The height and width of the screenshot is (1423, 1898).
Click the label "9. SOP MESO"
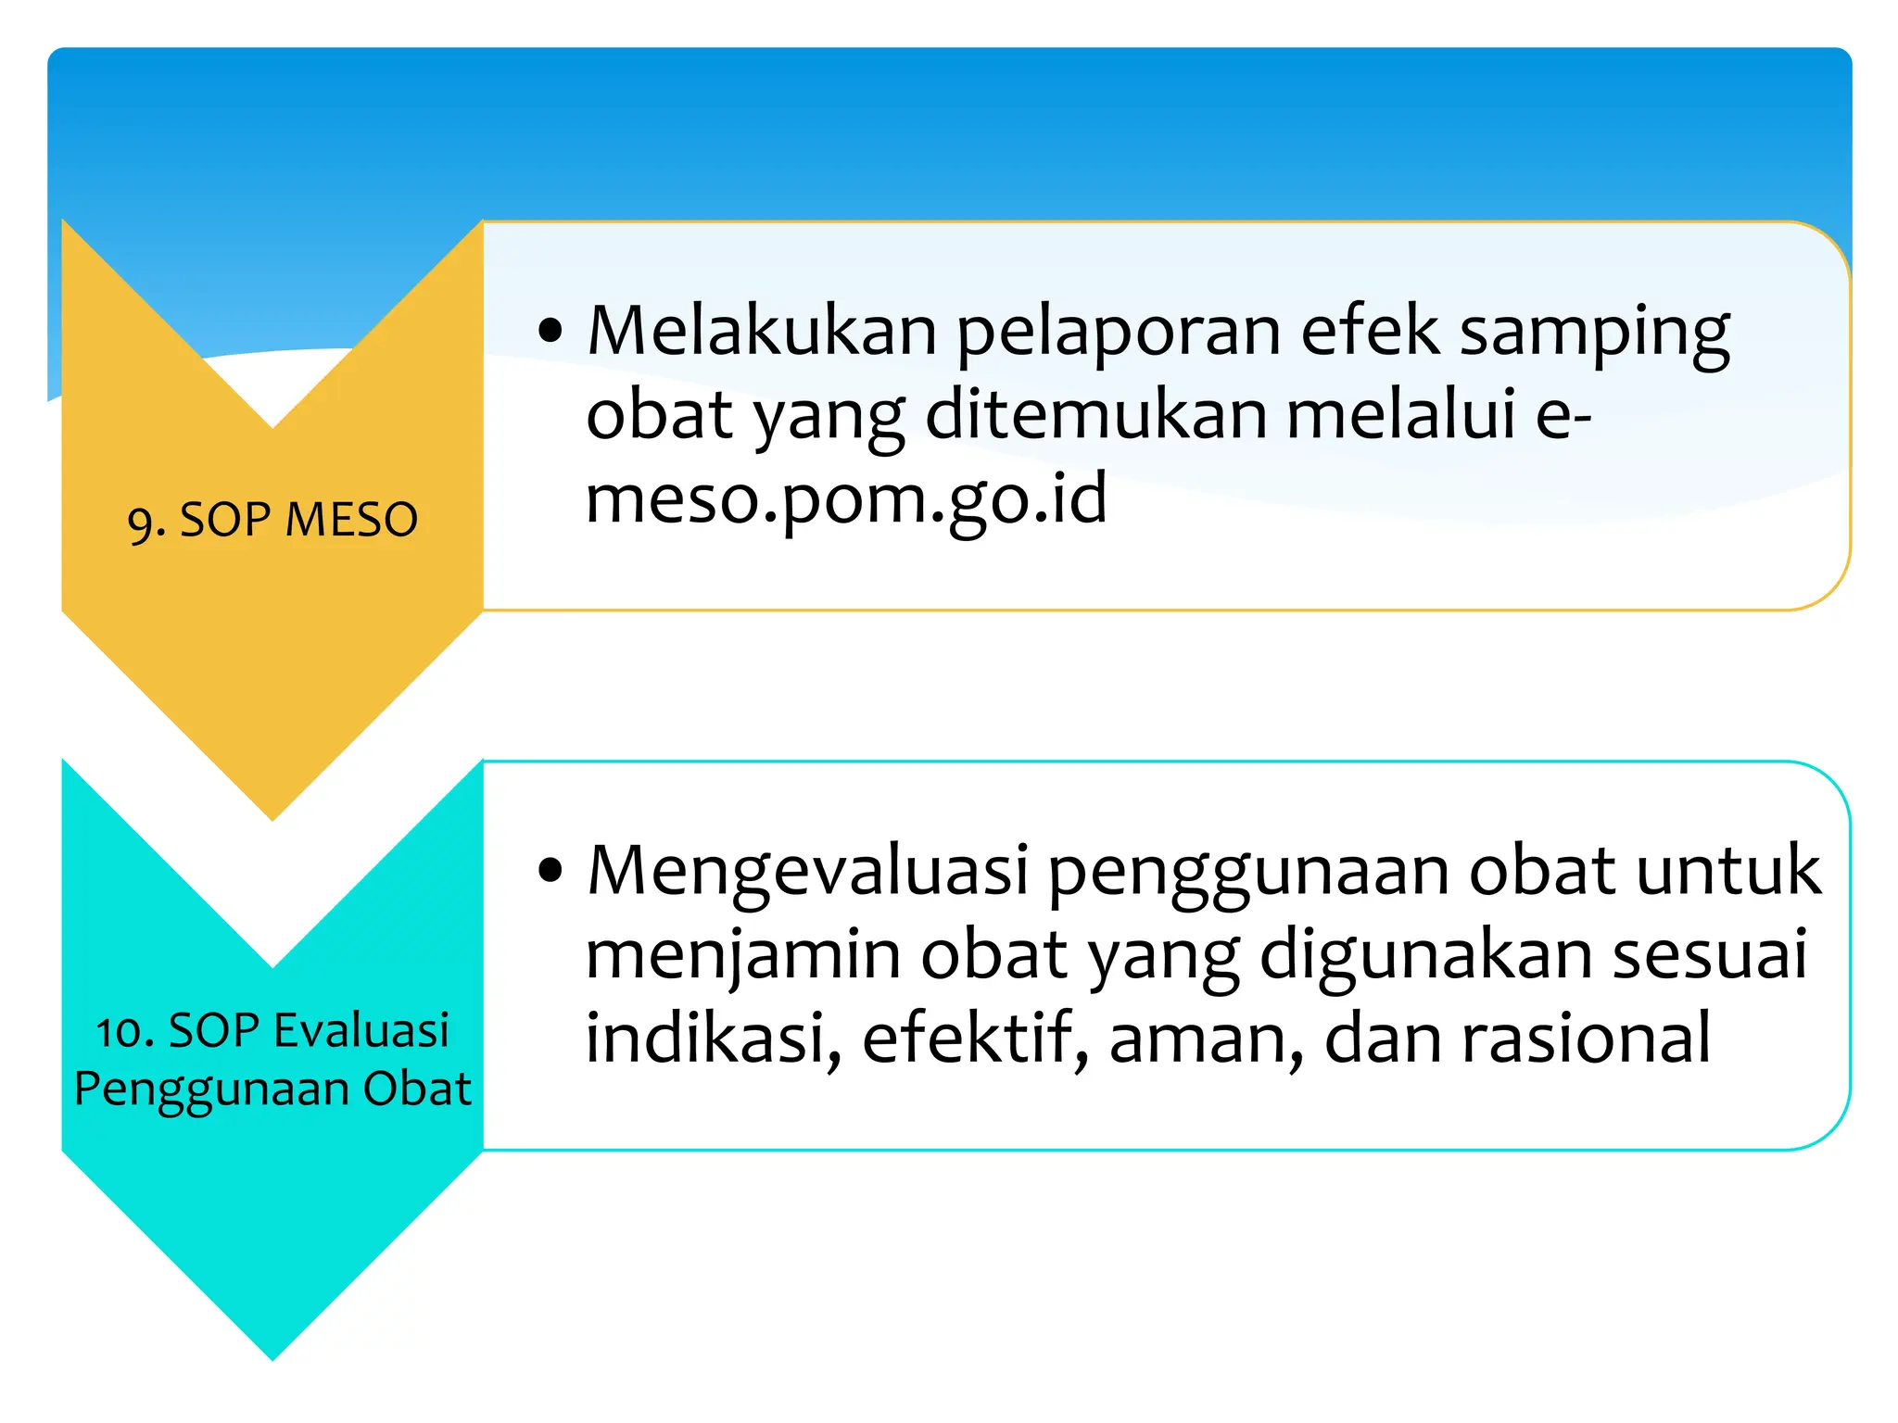pos(272,520)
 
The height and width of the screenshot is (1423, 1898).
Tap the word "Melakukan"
pos(762,331)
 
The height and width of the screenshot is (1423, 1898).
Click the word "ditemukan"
pos(1095,414)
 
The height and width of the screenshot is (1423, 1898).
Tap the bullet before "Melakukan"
pos(550,331)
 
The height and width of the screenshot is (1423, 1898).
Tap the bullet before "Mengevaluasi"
pos(550,871)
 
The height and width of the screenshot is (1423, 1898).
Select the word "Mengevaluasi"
pos(808,873)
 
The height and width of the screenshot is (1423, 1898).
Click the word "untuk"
pos(1727,871)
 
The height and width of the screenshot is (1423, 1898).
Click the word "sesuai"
pos(1709,954)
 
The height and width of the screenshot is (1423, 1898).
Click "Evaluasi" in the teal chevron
pos(361,1031)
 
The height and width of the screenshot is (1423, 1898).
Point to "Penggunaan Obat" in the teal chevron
pos(272,1089)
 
